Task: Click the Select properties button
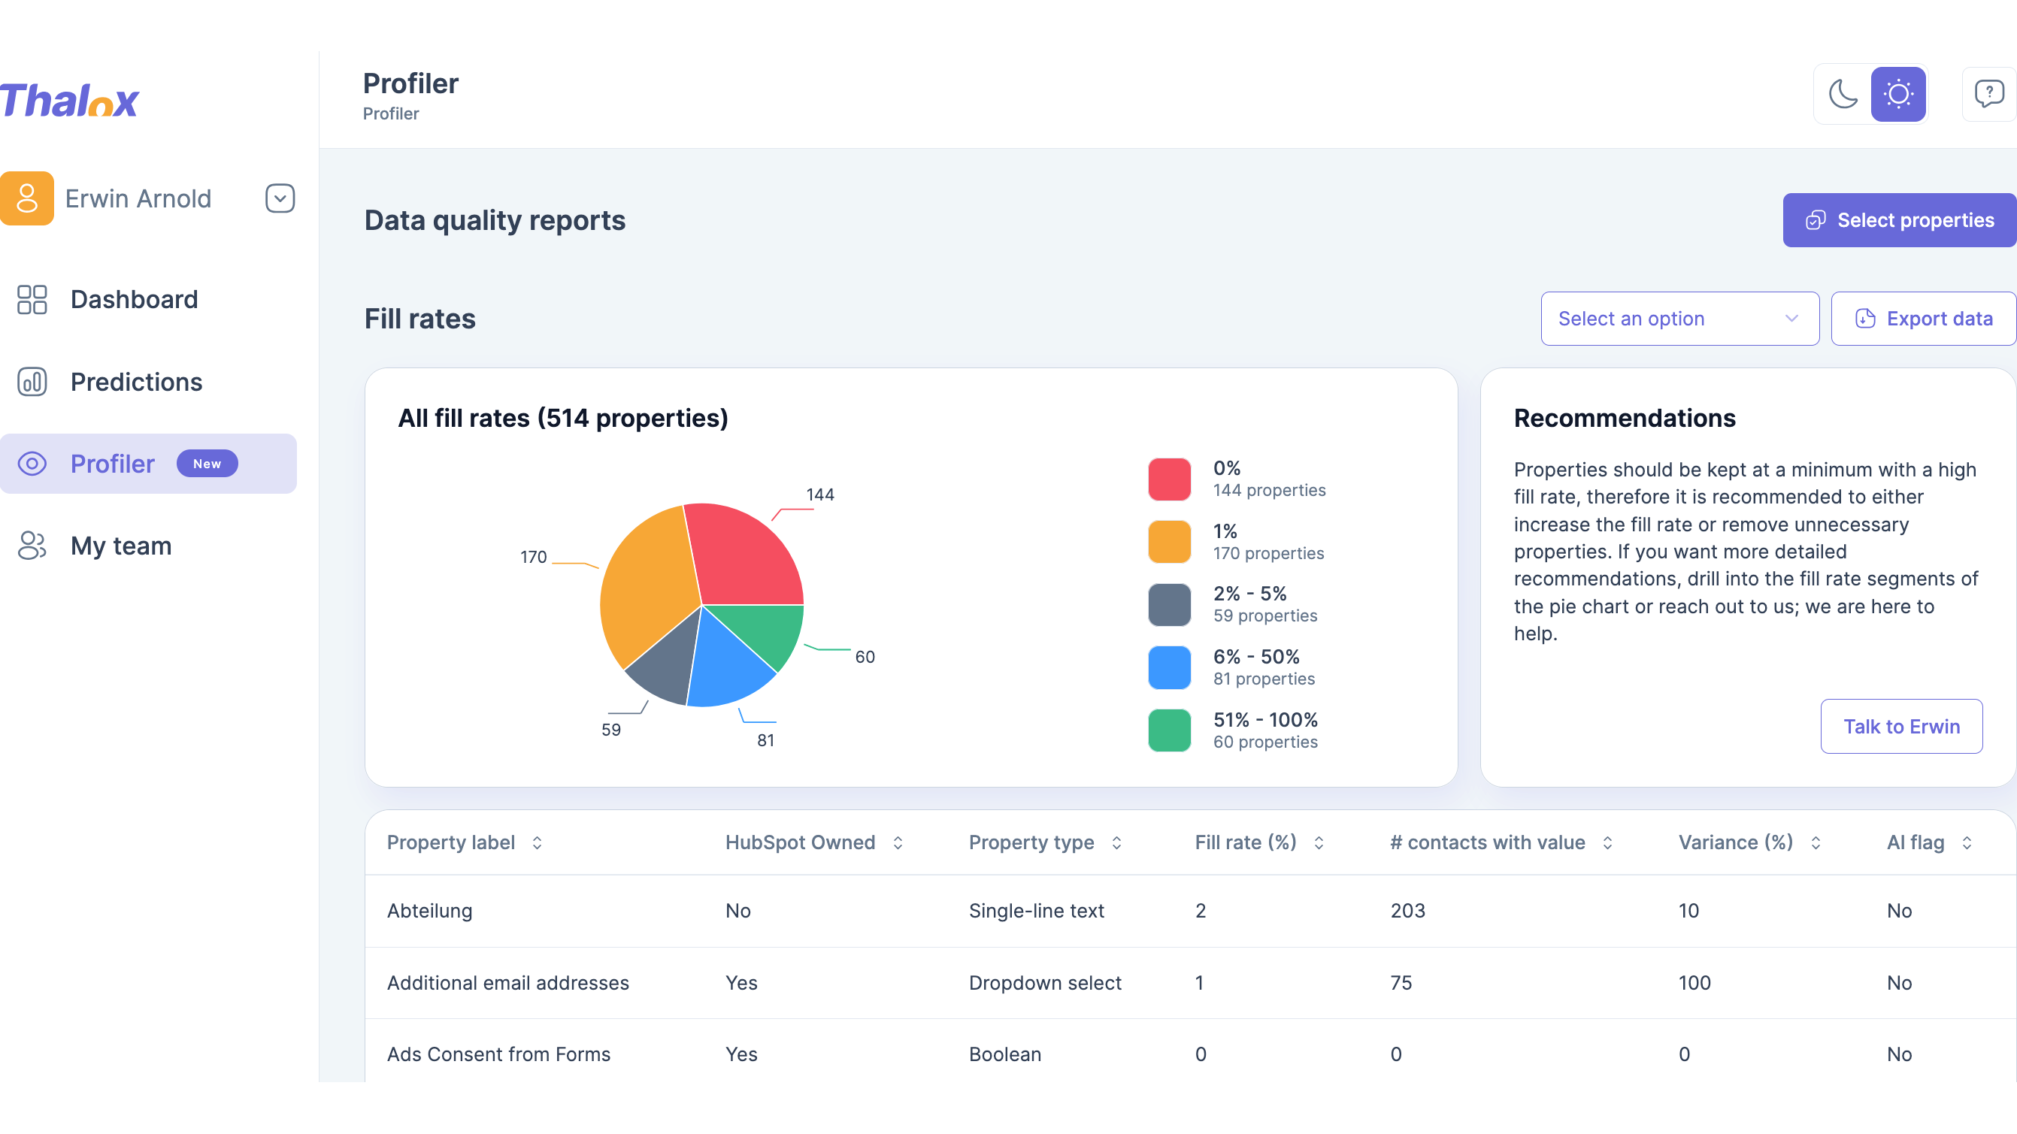pos(1900,220)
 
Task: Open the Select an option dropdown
pos(1679,319)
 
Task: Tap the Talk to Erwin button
pos(1901,726)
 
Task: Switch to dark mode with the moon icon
pos(1843,94)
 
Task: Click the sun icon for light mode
pos(1898,94)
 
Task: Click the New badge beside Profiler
pos(207,464)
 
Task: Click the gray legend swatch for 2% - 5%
pos(1169,604)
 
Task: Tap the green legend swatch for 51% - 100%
pos(1169,730)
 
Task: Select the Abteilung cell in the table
pos(430,910)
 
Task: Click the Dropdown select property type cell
pos(1045,982)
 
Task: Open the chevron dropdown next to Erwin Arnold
pos(280,198)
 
